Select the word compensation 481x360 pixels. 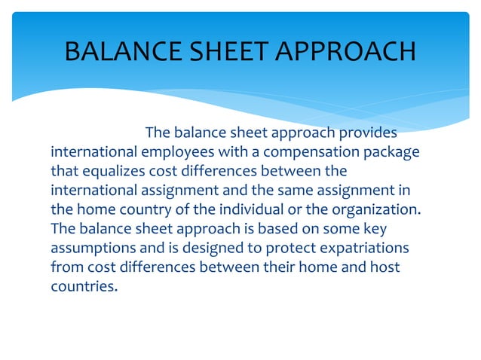317,153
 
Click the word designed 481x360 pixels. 210,246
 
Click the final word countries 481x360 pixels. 84,284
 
